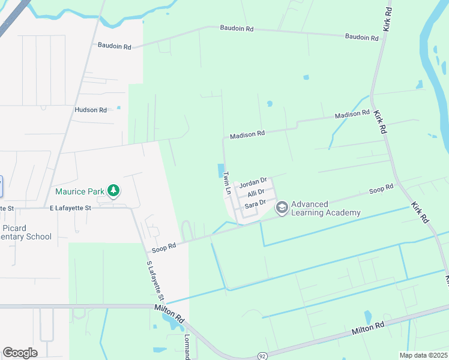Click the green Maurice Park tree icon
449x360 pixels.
(113, 191)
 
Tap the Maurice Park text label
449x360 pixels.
(80, 192)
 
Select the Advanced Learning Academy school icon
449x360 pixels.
(281, 208)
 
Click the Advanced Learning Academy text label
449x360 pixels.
(326, 208)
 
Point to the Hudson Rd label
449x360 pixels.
(90, 110)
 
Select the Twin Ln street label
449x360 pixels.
(227, 182)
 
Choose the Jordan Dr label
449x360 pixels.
(252, 182)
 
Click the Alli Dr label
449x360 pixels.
(256, 194)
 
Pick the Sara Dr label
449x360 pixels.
(255, 205)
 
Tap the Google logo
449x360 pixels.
(20, 353)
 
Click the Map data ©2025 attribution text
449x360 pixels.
(423, 355)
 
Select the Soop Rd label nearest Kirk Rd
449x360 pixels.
(381, 190)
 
